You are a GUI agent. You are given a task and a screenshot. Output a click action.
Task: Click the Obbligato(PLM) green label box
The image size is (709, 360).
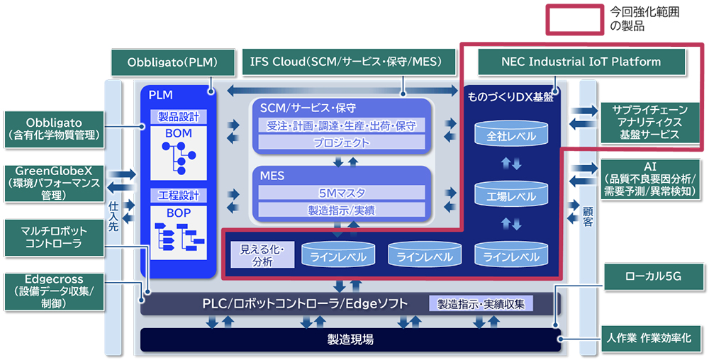(172, 62)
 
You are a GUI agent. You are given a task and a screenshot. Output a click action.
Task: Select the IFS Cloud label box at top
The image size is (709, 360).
(345, 62)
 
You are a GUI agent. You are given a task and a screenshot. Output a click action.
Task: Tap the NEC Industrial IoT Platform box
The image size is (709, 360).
(581, 62)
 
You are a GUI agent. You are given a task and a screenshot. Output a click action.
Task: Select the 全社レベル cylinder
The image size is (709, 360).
(506, 134)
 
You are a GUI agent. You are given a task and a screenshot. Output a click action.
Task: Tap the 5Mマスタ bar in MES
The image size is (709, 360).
(342, 192)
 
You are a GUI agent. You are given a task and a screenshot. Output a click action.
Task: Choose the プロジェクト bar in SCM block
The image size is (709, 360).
(342, 142)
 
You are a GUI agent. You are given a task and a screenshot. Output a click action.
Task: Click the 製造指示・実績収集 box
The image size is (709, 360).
(481, 304)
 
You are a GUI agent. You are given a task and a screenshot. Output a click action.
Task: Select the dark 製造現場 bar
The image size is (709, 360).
(350, 339)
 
